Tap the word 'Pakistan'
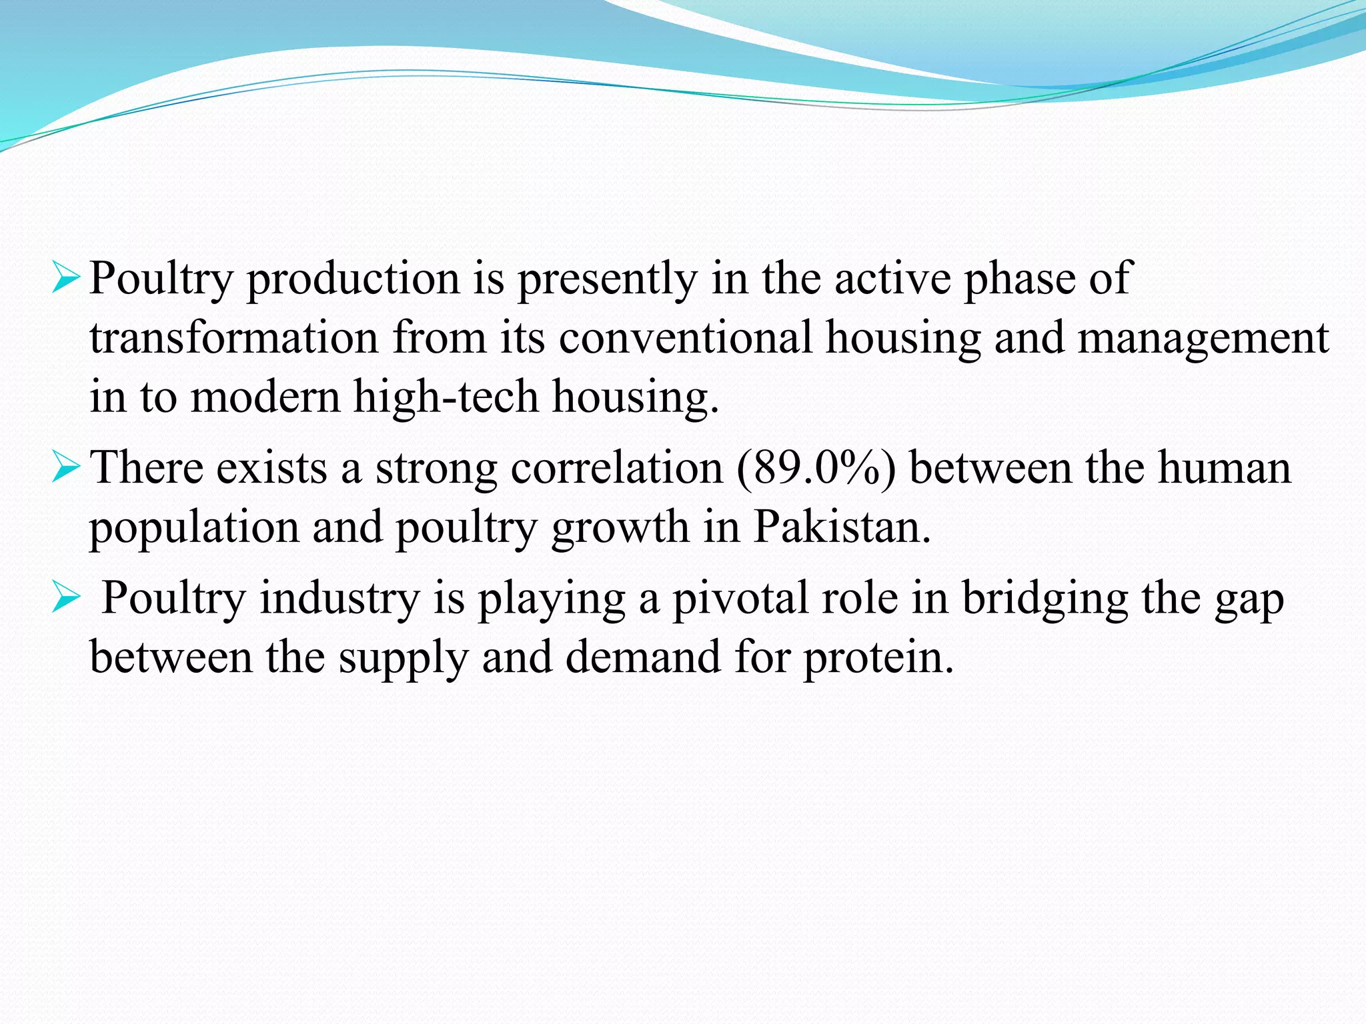(x=841, y=527)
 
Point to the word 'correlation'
(x=617, y=468)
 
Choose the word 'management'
(x=1203, y=339)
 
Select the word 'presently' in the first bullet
(x=607, y=279)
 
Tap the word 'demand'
(x=643, y=658)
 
